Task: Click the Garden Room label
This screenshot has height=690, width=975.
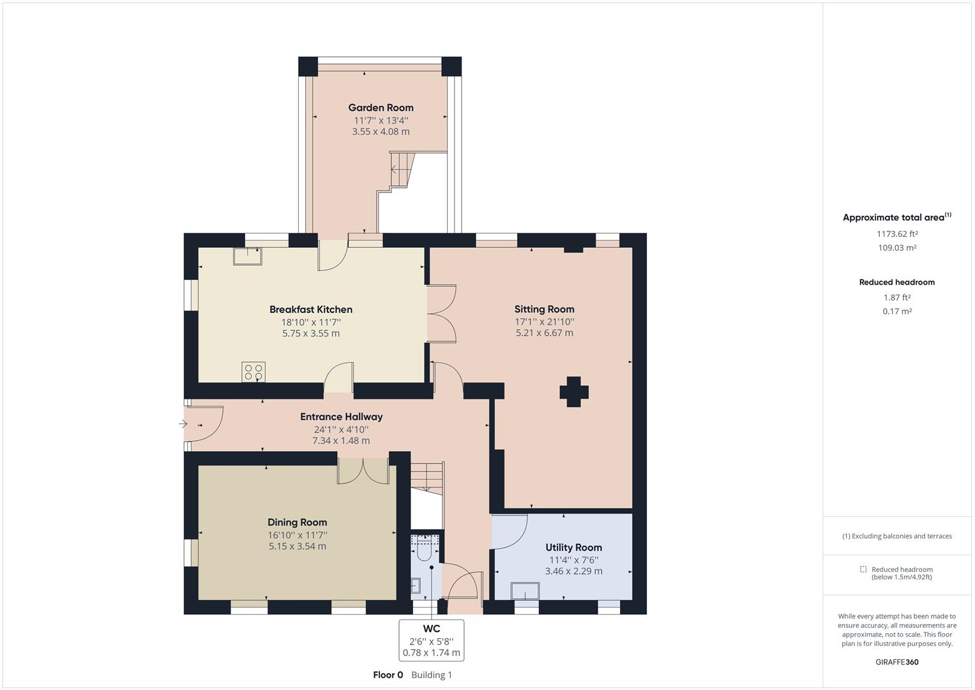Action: (381, 107)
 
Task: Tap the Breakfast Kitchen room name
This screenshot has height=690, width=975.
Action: (310, 309)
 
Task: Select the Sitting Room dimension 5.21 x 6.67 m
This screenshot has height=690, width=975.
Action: (544, 333)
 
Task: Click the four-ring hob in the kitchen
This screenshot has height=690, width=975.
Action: (253, 372)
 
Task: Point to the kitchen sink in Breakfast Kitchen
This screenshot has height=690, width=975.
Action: (247, 256)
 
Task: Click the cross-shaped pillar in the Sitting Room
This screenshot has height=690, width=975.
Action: (574, 392)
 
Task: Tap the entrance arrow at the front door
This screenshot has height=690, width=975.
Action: (183, 424)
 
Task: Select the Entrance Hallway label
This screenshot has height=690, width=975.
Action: (341, 417)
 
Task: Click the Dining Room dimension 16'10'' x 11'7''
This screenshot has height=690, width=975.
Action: (297, 535)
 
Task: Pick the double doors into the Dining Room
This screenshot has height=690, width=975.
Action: (363, 470)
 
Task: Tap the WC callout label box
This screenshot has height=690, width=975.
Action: (431, 640)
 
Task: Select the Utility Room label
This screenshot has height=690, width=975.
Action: (573, 548)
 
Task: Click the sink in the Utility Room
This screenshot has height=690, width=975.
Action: (525, 592)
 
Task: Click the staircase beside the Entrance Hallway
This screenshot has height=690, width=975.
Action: (427, 477)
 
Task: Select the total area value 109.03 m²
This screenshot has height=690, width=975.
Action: (896, 248)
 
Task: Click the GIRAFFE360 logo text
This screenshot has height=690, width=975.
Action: (896, 662)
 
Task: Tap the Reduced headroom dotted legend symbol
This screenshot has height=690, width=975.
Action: (863, 569)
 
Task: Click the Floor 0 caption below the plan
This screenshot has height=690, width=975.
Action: (388, 675)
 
